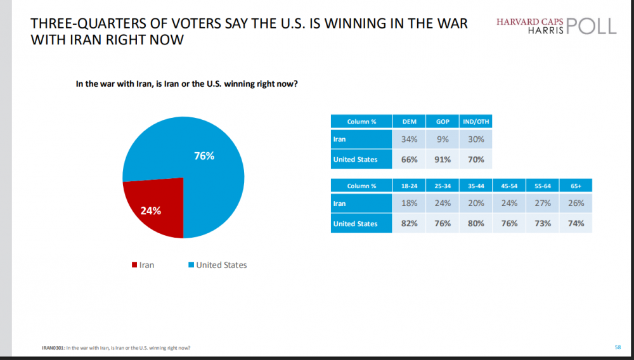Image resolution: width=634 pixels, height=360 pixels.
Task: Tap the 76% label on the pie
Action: [204, 155]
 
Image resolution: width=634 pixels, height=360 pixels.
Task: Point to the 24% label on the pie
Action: [151, 210]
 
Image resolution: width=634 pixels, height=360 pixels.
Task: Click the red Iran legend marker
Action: [134, 265]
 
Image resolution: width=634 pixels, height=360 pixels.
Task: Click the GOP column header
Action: [442, 121]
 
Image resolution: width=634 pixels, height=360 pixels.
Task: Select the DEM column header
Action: [410, 121]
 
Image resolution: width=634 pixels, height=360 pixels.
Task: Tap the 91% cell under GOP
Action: [442, 159]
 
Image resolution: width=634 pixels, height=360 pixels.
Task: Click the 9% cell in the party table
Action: [442, 139]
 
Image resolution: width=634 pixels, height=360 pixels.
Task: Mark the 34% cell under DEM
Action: [410, 139]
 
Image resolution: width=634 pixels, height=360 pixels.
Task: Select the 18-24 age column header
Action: [410, 186]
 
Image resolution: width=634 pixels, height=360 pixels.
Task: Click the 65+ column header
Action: [575, 186]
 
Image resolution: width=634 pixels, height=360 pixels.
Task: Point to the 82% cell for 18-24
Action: [410, 223]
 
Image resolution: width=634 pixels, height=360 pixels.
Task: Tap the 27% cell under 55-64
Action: [542, 204]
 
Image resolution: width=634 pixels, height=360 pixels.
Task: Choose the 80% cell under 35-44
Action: [476, 223]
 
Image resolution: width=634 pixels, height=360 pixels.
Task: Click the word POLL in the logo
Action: [592, 25]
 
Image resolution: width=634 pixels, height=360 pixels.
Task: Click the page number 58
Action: [618, 347]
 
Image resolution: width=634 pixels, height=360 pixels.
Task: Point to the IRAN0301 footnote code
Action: [51, 347]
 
